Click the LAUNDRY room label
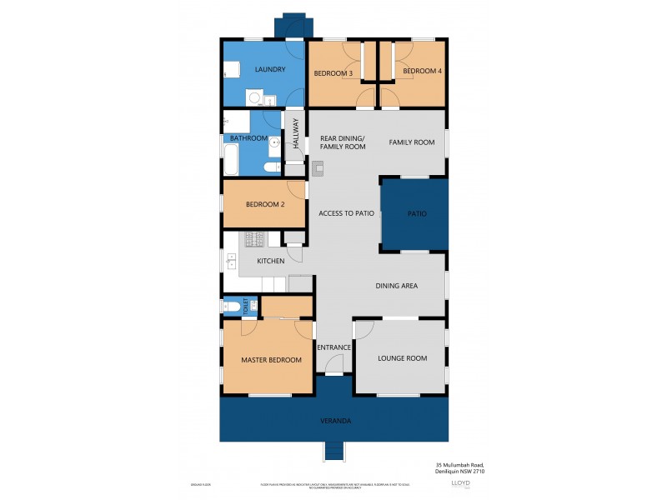tap(271, 69)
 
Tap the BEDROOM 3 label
tap(333, 72)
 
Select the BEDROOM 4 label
tap(422, 72)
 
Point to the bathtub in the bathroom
tap(233, 156)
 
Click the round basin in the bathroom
tap(274, 142)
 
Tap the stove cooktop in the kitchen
tap(254, 240)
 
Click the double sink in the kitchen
tap(230, 261)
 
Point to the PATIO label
tap(416, 214)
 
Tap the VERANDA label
tap(335, 421)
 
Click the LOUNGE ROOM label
tap(402, 358)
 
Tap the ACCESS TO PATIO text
tap(346, 214)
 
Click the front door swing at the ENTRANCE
tap(333, 364)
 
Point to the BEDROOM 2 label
tap(266, 205)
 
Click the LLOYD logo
tap(459, 483)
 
